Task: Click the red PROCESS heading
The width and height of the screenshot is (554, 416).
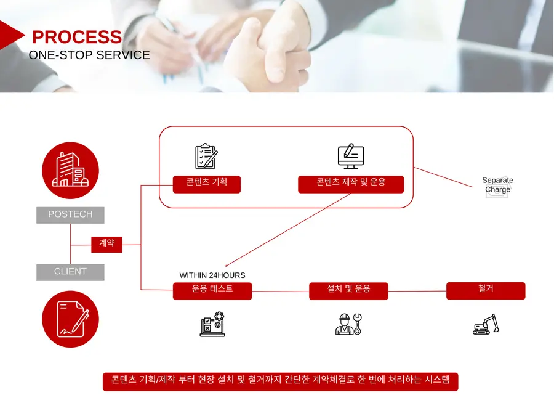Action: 77,37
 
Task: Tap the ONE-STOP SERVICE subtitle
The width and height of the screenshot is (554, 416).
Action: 89,55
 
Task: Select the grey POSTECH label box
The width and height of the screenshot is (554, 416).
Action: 70,215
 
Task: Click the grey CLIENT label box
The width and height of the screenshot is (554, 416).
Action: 70,272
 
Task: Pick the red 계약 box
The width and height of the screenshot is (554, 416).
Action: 106,245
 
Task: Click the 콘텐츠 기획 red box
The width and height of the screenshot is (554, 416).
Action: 207,184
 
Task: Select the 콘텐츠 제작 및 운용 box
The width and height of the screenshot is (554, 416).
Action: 351,184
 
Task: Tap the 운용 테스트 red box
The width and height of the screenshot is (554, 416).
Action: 212,291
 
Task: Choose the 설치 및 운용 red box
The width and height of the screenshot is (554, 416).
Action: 349,291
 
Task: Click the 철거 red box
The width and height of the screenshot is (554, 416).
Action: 486,291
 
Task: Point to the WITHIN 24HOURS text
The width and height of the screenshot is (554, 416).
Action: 212,275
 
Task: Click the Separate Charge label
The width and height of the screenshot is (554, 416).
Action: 498,185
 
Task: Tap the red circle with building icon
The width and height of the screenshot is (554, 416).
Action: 70,171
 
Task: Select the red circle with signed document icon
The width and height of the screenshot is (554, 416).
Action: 70,319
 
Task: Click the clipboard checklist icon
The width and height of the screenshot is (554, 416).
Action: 207,156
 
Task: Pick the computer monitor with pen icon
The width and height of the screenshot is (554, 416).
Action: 351,156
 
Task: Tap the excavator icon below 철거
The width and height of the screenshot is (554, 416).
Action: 486,324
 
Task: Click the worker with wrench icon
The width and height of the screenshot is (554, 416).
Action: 349,324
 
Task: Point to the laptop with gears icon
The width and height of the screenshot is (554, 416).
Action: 212,324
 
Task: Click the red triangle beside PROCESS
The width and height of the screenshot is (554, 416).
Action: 12,35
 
